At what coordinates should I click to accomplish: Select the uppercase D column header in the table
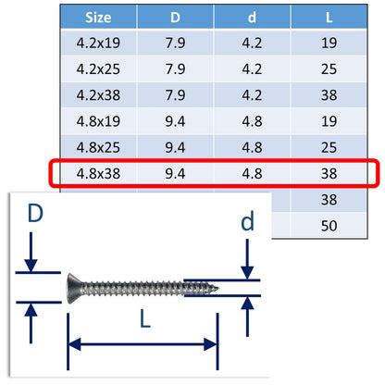click(176, 16)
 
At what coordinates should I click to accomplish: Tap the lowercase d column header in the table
click(253, 16)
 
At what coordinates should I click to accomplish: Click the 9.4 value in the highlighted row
click(176, 173)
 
